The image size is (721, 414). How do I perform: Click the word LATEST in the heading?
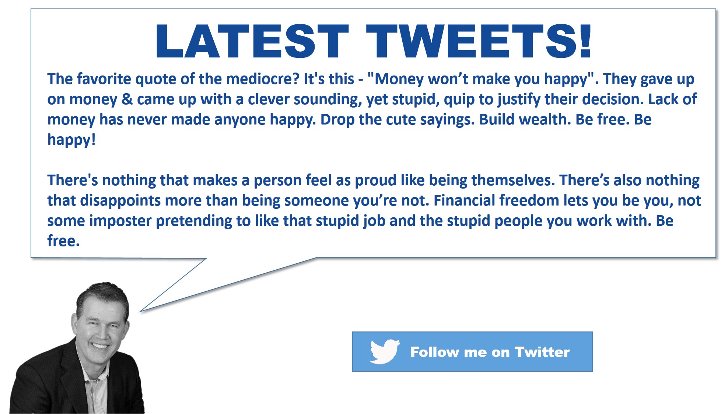pos(252,41)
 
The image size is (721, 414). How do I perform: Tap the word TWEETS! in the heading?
pos(479,41)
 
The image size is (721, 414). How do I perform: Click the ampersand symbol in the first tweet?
pos(127,99)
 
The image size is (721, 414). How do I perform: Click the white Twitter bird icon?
pos(385,351)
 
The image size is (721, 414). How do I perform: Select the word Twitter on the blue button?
pos(542,352)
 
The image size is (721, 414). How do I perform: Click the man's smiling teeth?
pos(100,346)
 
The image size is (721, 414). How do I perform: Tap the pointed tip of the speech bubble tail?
pos(139,312)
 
